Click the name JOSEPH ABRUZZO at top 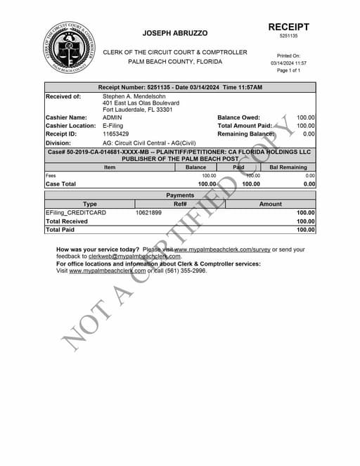pos(175,33)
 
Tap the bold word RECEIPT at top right pos(288,27)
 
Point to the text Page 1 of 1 pos(288,71)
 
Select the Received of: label pos(63,96)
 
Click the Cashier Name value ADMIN pos(112,118)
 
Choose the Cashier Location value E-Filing pos(115,126)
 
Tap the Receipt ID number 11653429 pos(116,134)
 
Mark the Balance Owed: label pos(238,118)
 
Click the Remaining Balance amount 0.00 pos(309,134)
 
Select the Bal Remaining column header pos(288,167)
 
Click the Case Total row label pos(60,184)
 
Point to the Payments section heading pos(180,195)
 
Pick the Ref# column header pos(180,204)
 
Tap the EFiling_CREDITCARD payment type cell pos(76,212)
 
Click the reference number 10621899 pos(148,212)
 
